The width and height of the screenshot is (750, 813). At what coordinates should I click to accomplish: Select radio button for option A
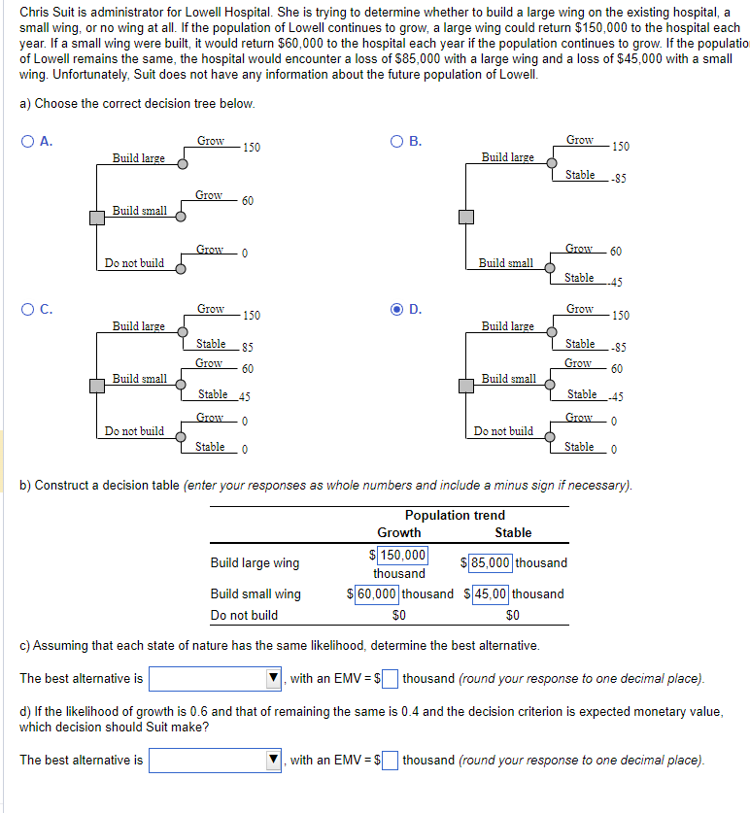click(x=28, y=142)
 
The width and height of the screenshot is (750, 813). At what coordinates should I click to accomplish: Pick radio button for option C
click(x=28, y=310)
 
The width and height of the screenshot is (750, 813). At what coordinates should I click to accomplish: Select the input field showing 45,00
click(x=491, y=593)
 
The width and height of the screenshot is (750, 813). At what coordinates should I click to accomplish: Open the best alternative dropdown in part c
click(x=215, y=678)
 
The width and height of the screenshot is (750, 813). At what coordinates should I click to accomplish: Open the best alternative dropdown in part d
click(x=215, y=760)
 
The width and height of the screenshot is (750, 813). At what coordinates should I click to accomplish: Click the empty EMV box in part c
click(x=390, y=678)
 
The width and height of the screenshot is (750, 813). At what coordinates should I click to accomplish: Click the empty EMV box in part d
click(x=390, y=760)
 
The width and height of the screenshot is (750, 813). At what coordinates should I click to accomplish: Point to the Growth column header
click(x=399, y=532)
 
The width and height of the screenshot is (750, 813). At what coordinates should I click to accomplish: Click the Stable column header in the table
click(x=513, y=532)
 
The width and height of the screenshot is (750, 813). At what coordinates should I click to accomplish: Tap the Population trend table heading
click(x=455, y=515)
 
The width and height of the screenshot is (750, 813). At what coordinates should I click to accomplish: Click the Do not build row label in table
click(x=244, y=615)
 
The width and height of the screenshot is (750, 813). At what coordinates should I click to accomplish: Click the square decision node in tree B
click(x=467, y=216)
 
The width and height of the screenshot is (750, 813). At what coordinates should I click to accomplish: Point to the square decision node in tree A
click(x=97, y=219)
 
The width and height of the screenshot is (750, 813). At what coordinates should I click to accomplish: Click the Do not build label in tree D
click(x=503, y=430)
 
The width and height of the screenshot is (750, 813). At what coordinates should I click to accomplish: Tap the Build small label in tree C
click(x=139, y=378)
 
